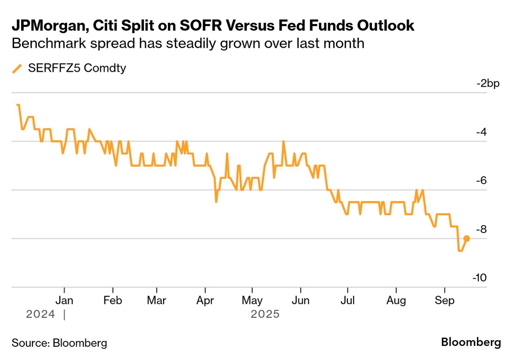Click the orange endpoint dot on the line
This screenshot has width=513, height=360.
click(467, 238)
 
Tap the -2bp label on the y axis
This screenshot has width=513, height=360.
click(488, 83)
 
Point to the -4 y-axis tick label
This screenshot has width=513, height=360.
click(480, 132)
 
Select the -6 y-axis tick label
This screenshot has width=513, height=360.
click(480, 181)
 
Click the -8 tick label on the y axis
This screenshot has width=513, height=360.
click(480, 229)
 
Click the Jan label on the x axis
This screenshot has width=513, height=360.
click(65, 300)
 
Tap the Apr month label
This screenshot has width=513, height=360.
click(205, 300)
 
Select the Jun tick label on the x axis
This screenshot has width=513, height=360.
click(300, 300)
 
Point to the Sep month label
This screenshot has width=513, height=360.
click(444, 300)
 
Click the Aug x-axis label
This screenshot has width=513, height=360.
click(396, 300)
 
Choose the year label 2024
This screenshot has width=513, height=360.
click(40, 314)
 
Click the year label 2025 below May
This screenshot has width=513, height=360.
click(265, 314)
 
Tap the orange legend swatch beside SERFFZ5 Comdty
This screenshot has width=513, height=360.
click(17, 68)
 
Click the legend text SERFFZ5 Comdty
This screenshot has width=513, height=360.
click(77, 68)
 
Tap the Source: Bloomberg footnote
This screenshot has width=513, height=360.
click(59, 343)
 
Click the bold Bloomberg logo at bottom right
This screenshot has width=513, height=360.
click(471, 343)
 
